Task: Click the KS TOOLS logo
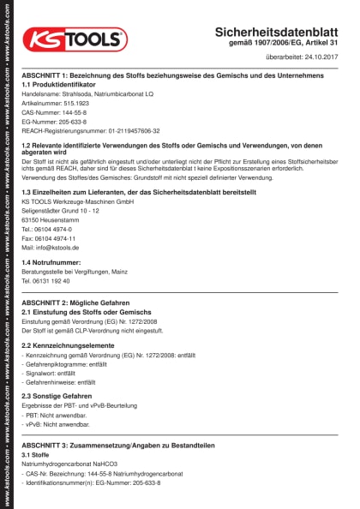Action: point(75,39)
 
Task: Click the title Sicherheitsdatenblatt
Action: point(283,31)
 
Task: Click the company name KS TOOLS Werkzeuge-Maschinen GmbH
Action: point(78,202)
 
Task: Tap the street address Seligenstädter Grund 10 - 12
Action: point(67,211)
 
